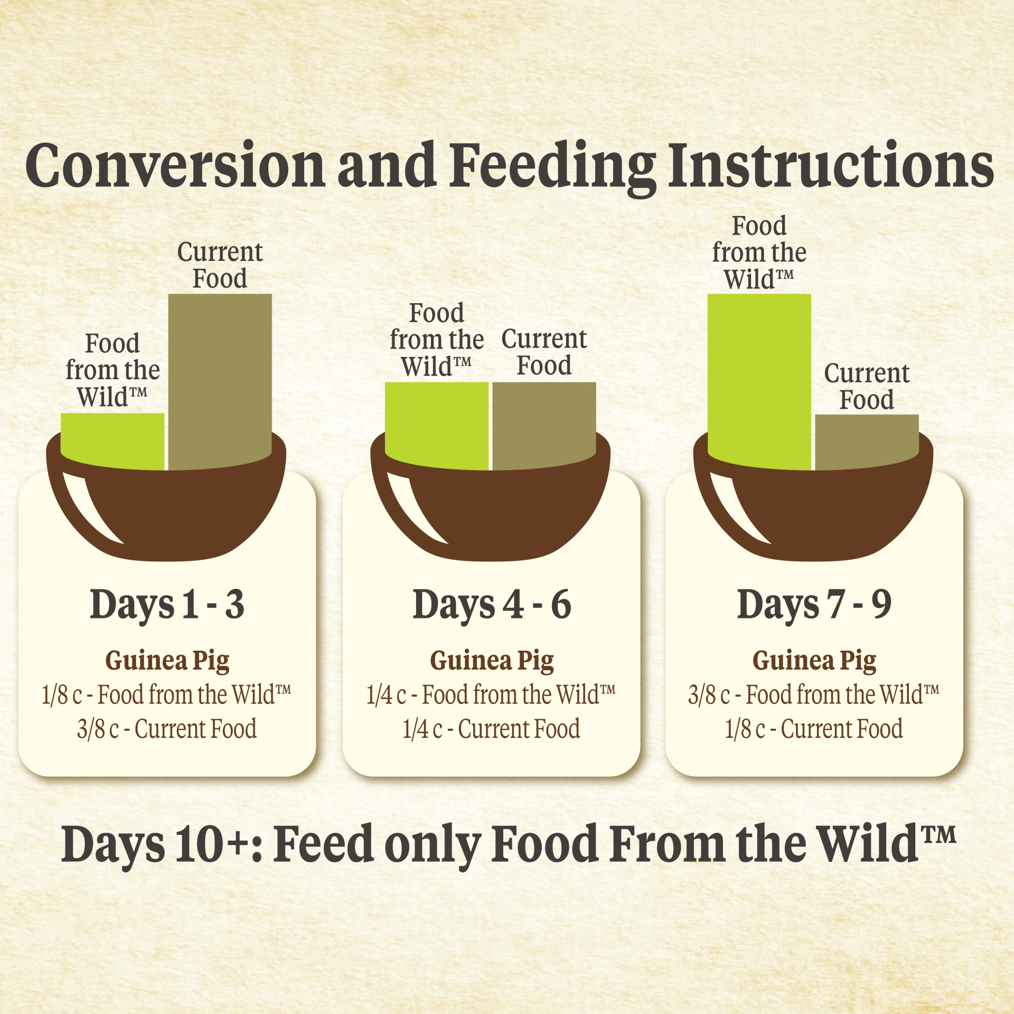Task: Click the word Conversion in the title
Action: (x=174, y=165)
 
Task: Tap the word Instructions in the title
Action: (x=831, y=165)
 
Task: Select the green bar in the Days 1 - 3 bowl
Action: (x=112, y=441)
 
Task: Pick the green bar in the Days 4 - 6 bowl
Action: (x=436, y=425)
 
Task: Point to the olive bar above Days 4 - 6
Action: (x=544, y=425)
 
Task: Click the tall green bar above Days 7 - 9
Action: (x=759, y=380)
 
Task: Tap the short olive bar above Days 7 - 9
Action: (x=867, y=441)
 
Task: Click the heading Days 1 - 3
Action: (x=167, y=605)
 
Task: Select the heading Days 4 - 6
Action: (x=492, y=605)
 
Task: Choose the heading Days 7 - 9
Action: (x=814, y=605)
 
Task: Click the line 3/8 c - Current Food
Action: (x=167, y=729)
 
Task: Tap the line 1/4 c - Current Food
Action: (x=491, y=729)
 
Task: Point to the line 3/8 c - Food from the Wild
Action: (x=813, y=695)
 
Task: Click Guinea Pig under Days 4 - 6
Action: (x=492, y=661)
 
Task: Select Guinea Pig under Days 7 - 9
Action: (x=814, y=661)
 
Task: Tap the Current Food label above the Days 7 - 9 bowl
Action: (x=867, y=386)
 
